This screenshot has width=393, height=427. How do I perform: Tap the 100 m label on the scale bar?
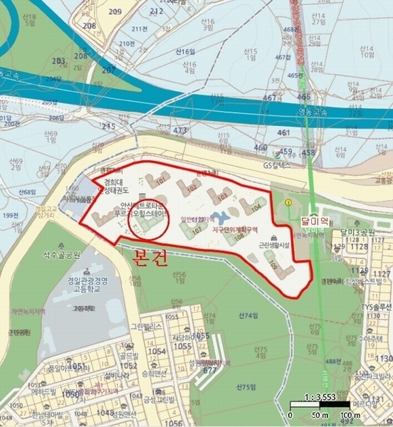pyautogui.click(x=347, y=414)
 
